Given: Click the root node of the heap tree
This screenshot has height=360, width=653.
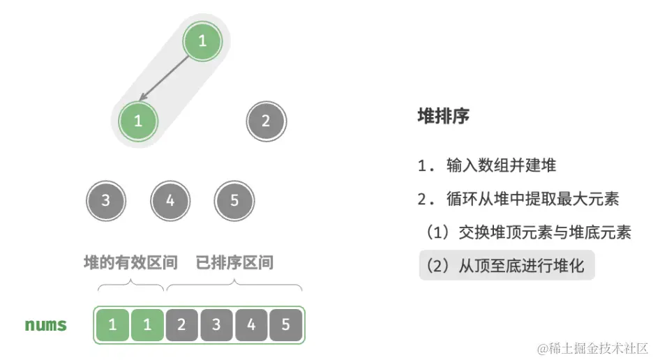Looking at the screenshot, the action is coord(202,41).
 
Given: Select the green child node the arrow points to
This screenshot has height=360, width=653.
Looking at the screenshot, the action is coord(138,121).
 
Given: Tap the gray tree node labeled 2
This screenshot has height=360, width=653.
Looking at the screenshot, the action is coord(266,121).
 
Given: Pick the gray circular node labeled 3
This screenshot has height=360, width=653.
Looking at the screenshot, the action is coord(106,201).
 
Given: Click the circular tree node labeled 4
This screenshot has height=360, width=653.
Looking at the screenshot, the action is coord(170,201).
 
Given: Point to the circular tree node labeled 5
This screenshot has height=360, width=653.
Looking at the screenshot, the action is coord(234,201).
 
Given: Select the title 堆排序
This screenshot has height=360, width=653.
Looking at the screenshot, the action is coord(443,116).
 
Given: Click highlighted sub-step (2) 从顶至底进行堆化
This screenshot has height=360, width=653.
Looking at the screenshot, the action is coord(507,265).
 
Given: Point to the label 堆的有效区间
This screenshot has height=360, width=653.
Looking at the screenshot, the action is coord(130,262).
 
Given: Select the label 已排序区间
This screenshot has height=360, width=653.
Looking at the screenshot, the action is coord(234,262).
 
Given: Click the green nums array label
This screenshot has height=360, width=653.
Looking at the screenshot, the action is coord(46,325).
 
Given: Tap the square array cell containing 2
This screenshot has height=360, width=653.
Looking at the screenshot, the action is coord(181,325).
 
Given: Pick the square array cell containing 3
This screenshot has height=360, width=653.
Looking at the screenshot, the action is coord(216,325).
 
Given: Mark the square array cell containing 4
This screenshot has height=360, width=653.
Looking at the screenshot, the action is coord(251,325).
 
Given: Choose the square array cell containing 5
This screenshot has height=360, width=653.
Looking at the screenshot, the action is coord(286,325).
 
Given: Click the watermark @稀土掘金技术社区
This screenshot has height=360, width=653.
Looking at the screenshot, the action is coord(592,347).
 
